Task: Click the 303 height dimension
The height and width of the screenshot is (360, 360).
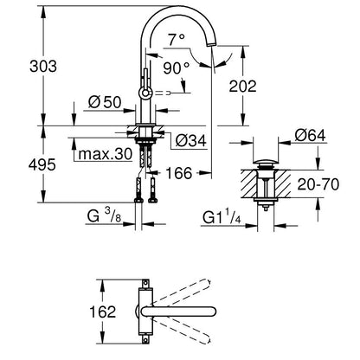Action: [43, 67]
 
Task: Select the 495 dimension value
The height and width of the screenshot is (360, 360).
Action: [42, 165]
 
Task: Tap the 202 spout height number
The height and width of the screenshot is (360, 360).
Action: [242, 87]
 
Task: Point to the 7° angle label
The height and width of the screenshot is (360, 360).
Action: [177, 40]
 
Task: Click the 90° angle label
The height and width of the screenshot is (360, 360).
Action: [177, 68]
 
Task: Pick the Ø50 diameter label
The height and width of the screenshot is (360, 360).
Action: [105, 102]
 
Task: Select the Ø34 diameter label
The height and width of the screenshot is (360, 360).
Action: [191, 141]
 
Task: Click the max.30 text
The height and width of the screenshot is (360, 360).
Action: [105, 154]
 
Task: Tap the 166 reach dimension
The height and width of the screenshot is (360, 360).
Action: [179, 173]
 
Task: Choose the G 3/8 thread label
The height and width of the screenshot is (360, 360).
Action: [104, 215]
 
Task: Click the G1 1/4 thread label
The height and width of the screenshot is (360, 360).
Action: [222, 217]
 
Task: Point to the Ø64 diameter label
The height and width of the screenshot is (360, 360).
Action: [310, 135]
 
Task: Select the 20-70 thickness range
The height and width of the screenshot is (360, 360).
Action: [318, 184]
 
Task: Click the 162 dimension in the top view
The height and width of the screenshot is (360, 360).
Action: [102, 312]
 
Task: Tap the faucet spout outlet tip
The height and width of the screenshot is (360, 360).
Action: [212, 44]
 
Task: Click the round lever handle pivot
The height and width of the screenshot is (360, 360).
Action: [145, 93]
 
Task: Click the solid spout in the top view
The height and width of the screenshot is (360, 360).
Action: [178, 312]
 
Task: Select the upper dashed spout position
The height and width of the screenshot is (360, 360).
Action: [181, 291]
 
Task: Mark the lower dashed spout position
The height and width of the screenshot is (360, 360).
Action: [181, 332]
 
